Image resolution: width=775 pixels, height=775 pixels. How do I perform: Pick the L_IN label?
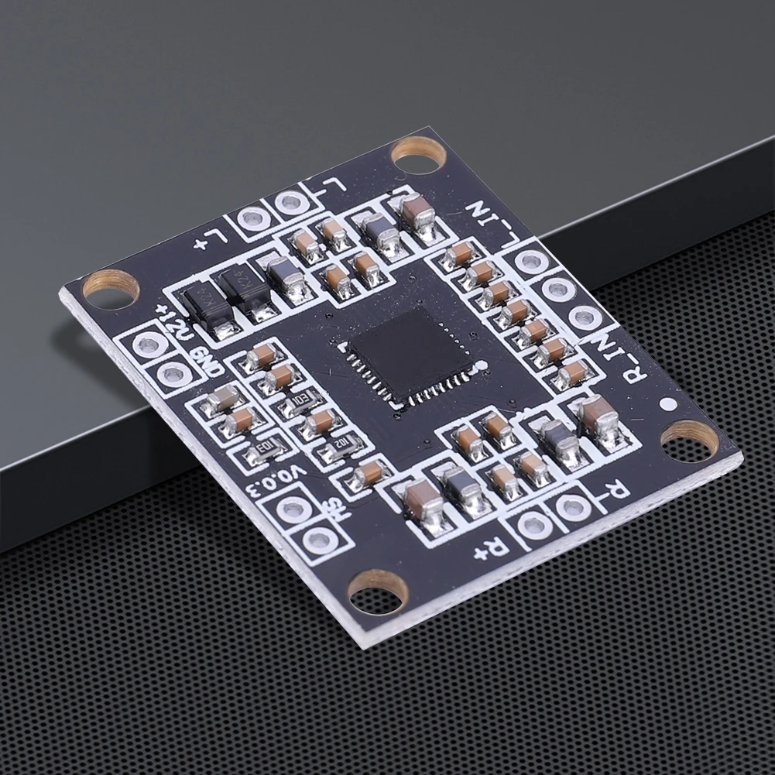coord(495,218)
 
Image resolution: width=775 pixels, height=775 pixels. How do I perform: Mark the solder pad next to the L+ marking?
coord(253,219)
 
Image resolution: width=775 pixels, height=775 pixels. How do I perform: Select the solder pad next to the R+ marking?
coord(535,525)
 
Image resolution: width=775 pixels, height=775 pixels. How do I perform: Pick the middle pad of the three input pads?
coord(558,290)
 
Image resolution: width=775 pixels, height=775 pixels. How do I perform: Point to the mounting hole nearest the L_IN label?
coord(418,152)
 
